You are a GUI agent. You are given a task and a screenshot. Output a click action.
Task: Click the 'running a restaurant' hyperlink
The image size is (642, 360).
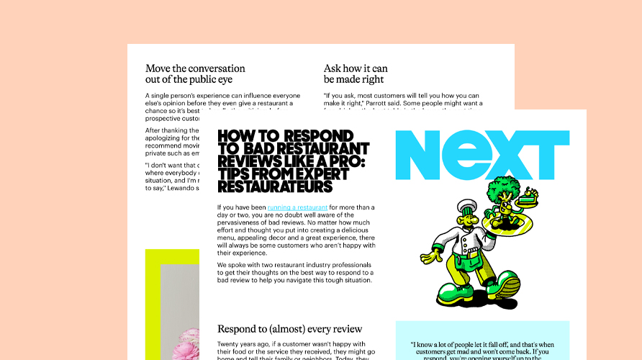(292, 207)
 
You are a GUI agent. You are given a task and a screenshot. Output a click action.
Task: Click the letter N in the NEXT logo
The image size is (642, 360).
(420, 155)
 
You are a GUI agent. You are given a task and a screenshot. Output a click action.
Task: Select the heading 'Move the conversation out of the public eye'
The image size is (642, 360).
(195, 73)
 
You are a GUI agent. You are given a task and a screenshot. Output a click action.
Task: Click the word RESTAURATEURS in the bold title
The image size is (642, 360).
(274, 187)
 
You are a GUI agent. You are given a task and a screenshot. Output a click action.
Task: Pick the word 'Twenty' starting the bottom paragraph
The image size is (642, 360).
(231, 344)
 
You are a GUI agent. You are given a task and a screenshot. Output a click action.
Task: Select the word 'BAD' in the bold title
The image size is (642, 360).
(271, 148)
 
